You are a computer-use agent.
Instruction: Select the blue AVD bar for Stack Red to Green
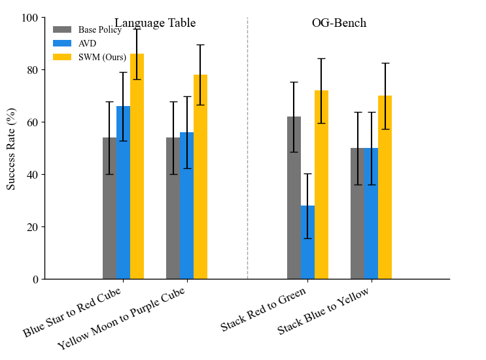(307, 242)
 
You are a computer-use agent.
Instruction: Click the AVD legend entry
(86, 43)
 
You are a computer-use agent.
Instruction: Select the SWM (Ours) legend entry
(102, 57)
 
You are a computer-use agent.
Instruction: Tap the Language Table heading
(155, 24)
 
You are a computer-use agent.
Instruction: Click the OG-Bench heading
(339, 24)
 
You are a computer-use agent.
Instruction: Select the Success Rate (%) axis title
(11, 149)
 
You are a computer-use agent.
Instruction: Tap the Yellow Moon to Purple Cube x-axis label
(121, 318)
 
